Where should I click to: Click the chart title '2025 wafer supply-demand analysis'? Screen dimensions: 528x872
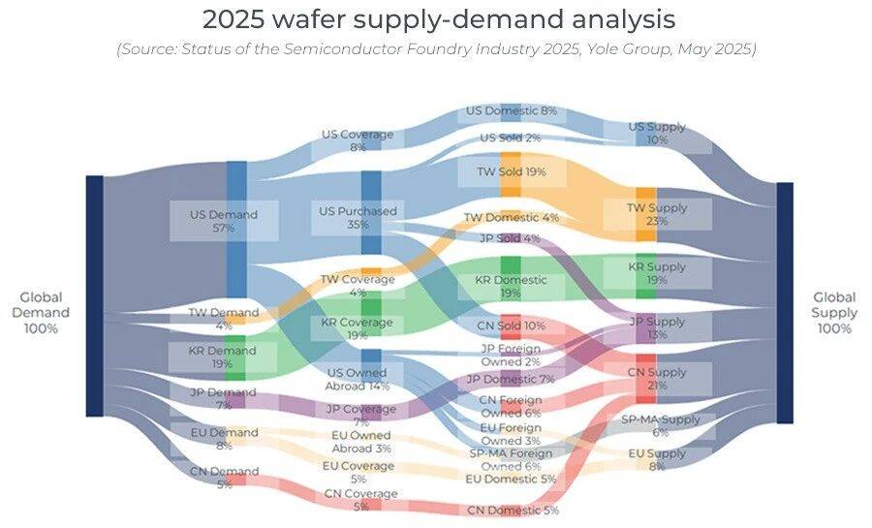pos(438,19)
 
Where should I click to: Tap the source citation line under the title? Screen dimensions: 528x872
pos(436,49)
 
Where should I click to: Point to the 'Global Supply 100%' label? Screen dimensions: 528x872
pos(834,313)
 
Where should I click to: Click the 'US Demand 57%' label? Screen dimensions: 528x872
pos(224,221)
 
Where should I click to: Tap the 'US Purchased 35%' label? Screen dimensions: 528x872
pos(358,217)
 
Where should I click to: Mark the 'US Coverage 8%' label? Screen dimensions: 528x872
pos(358,140)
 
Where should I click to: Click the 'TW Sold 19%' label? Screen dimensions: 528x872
pos(511,171)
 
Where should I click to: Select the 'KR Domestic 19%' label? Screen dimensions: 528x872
pos(511,286)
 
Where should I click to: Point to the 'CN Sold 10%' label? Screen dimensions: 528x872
pos(513,326)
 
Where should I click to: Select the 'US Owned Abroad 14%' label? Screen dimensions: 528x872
pos(358,379)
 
